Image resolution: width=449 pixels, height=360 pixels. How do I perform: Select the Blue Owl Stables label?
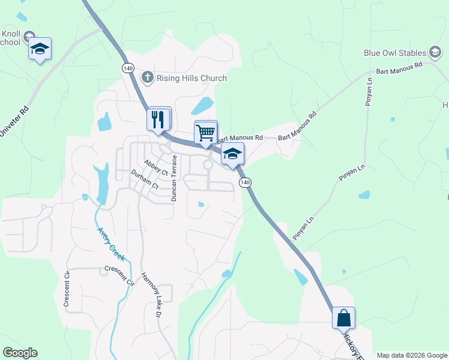point(394,53)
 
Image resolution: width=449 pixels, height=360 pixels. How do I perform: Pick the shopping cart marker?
point(206,132)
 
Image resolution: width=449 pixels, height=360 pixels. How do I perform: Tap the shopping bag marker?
point(343,317)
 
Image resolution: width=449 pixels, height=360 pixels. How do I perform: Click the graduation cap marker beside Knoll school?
point(40,49)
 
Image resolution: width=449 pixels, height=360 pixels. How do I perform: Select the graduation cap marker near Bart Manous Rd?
point(232,154)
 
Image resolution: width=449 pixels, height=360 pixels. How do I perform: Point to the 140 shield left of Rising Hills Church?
point(127,68)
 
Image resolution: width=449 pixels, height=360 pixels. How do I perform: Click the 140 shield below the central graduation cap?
point(244,182)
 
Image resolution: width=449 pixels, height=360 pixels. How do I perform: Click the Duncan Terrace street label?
point(175,178)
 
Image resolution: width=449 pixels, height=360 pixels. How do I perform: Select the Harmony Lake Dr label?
point(151,295)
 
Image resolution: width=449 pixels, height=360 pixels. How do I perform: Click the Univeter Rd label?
point(14,122)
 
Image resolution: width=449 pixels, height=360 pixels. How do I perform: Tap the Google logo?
point(20,353)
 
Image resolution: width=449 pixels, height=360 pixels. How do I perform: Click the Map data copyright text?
point(412,355)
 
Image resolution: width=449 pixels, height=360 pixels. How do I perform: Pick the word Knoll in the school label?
point(12,33)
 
